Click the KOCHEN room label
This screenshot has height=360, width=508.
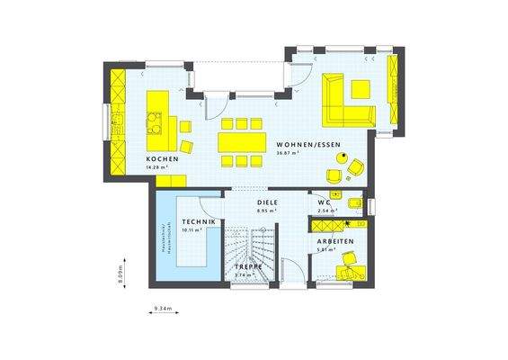pyautogui.click(x=164, y=158)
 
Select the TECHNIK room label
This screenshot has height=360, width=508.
pyautogui.click(x=198, y=221)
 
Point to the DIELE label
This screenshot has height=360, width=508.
pyautogui.click(x=266, y=203)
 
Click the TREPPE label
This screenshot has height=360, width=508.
pyautogui.click(x=249, y=267)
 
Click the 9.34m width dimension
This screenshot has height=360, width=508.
pyautogui.click(x=163, y=310)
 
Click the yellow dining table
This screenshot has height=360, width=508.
pyautogui.click(x=240, y=142)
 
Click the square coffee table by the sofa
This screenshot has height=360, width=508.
pyautogui.click(x=361, y=88)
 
